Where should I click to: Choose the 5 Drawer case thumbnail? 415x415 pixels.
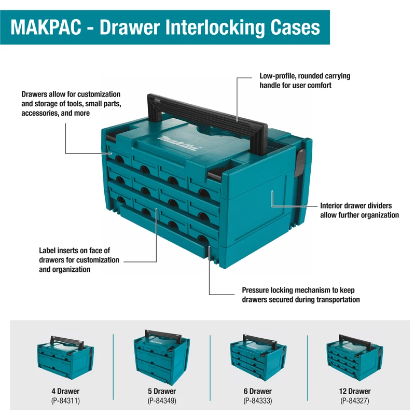(161, 355)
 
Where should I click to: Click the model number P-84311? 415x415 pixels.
(65, 400)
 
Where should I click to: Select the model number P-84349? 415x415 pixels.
(162, 400)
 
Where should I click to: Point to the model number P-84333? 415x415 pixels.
(258, 400)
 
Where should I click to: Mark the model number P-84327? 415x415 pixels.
(355, 400)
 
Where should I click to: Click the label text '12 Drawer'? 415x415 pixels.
(355, 391)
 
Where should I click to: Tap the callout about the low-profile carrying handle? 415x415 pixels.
(305, 80)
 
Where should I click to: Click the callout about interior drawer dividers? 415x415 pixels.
(359, 210)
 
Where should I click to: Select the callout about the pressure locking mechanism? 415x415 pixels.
(300, 295)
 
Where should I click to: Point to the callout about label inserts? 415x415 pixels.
(79, 260)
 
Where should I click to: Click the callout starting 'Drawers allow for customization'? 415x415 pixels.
(71, 104)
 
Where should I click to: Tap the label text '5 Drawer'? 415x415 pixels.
(162, 391)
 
